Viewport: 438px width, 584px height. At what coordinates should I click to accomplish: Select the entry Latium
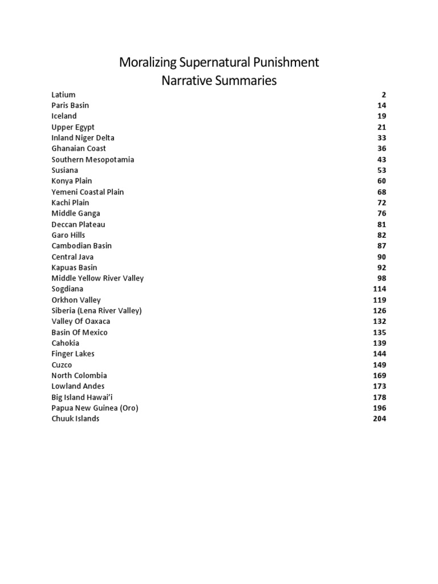[x=63, y=95]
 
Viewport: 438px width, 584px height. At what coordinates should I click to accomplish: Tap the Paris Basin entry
[x=70, y=106]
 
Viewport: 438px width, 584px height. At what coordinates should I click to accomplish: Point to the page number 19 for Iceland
[x=382, y=116]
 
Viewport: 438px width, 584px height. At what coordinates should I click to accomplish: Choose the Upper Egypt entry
[x=73, y=127]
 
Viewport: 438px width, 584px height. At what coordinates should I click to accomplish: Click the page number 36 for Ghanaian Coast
[x=382, y=149]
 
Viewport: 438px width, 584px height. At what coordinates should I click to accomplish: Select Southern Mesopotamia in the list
[x=93, y=160]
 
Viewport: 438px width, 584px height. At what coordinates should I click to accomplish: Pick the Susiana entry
[x=65, y=171]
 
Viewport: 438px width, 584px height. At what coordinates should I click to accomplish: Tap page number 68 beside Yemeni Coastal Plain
[x=382, y=192]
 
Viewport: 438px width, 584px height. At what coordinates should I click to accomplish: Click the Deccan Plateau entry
[x=78, y=225]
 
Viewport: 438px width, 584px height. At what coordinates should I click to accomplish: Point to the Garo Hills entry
[x=68, y=235]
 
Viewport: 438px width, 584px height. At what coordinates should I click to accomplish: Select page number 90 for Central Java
[x=382, y=257]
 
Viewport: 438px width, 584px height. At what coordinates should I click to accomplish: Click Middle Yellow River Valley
[x=98, y=278]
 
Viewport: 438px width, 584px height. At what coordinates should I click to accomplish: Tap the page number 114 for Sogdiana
[x=379, y=289]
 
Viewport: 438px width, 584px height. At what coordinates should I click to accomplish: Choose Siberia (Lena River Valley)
[x=96, y=311]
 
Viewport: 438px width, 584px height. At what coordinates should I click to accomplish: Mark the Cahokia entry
[x=66, y=343]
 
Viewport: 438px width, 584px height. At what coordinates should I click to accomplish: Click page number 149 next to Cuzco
[x=379, y=365]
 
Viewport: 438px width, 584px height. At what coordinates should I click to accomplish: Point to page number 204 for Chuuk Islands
[x=379, y=419]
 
